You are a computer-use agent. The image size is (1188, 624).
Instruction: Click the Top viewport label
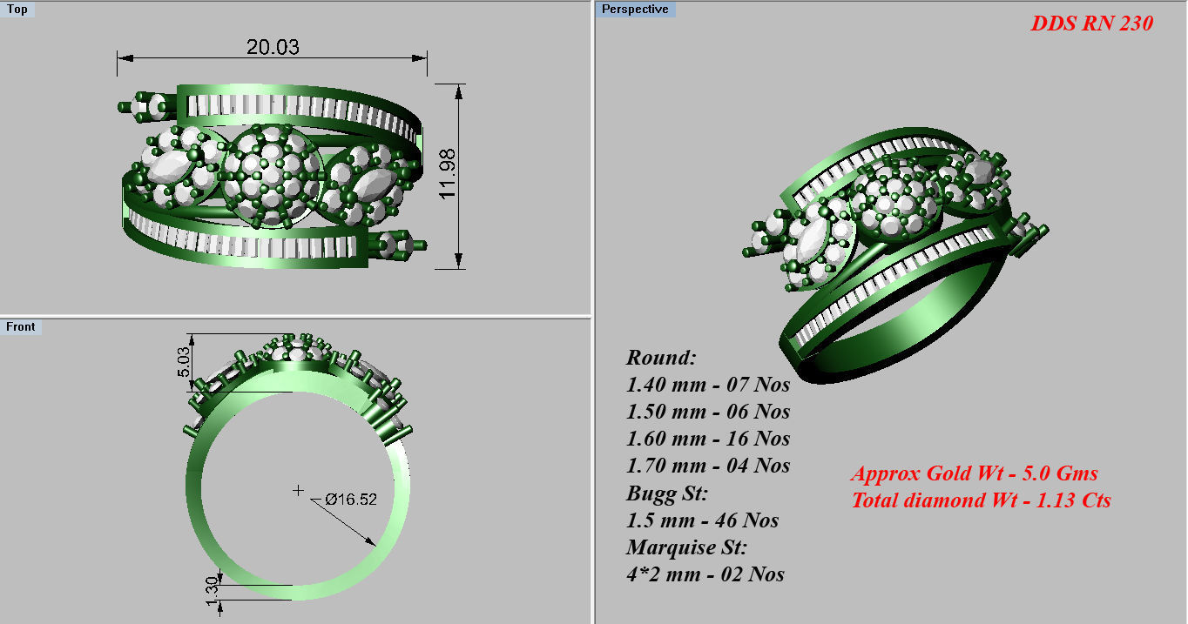click(17, 10)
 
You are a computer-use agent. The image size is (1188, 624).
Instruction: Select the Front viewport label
click(21, 326)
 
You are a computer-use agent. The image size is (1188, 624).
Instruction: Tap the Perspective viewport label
click(636, 10)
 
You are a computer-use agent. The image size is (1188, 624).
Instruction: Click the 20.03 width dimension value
click(273, 47)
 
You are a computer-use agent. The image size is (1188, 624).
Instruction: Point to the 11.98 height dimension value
click(449, 174)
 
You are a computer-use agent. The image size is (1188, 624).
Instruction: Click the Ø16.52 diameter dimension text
click(351, 500)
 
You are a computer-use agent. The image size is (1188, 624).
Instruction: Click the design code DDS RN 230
click(1091, 23)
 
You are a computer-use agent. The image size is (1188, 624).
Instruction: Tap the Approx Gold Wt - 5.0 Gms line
click(974, 474)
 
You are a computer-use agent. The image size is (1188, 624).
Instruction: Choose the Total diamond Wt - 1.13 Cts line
click(981, 500)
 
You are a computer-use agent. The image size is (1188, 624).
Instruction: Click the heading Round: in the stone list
click(662, 358)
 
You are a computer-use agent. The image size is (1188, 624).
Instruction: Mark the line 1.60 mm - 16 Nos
click(708, 439)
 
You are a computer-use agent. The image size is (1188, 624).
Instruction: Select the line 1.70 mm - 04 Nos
click(708, 466)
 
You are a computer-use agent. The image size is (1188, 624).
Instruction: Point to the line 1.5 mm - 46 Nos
click(702, 520)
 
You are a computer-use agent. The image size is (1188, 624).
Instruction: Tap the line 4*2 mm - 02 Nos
click(705, 574)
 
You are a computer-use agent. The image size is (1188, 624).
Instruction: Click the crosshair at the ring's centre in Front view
click(298, 491)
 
